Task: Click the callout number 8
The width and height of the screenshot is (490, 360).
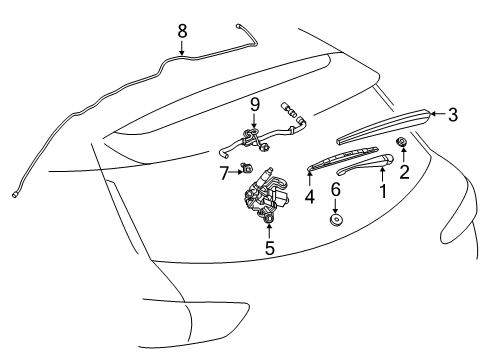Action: click(182, 32)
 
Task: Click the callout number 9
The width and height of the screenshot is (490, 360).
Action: click(255, 104)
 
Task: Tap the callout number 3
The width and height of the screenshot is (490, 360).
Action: click(452, 115)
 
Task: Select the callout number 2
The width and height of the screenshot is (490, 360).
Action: click(404, 171)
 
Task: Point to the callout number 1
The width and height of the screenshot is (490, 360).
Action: click(381, 188)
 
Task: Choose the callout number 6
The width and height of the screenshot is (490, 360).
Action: click(336, 189)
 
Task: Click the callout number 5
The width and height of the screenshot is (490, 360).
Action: click(269, 247)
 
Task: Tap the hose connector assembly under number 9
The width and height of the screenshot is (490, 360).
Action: click(255, 138)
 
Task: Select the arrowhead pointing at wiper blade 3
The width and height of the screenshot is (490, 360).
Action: click(432, 116)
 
